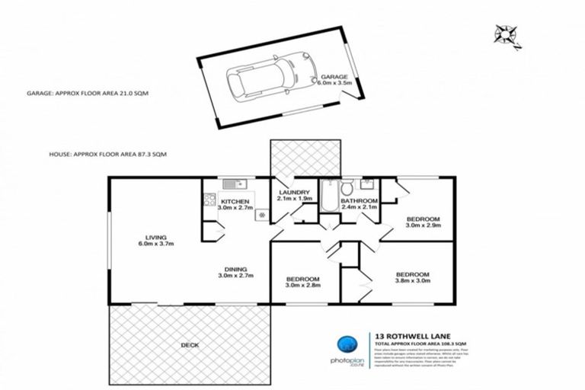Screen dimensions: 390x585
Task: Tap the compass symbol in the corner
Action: (x=506, y=35)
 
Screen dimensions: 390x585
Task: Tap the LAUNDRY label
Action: (x=292, y=193)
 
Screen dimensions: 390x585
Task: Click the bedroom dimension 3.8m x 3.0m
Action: (x=412, y=280)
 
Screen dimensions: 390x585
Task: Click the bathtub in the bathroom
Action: (x=326, y=197)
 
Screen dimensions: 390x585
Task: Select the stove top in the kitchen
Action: (x=208, y=200)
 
